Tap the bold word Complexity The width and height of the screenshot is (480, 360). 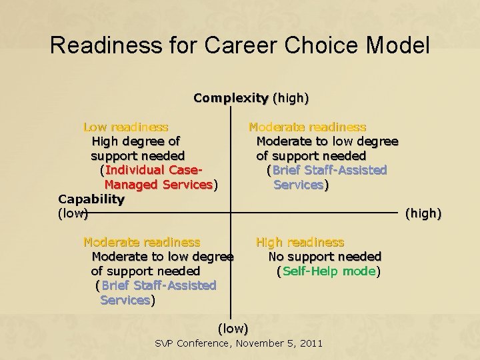click(230, 98)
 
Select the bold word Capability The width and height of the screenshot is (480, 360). click(91, 199)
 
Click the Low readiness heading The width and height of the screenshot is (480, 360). click(125, 127)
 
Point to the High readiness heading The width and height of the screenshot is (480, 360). click(300, 242)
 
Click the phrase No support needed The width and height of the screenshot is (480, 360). click(325, 257)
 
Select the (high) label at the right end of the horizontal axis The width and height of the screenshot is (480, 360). click(423, 213)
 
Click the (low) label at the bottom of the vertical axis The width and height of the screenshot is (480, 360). click(233, 328)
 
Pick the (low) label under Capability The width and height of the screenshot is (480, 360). click(73, 213)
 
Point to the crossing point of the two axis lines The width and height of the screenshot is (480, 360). click(231, 213)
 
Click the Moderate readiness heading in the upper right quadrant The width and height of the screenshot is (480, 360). click(307, 127)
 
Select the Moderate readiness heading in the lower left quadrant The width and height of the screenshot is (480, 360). click(141, 242)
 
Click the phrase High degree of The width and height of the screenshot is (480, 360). click(135, 141)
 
